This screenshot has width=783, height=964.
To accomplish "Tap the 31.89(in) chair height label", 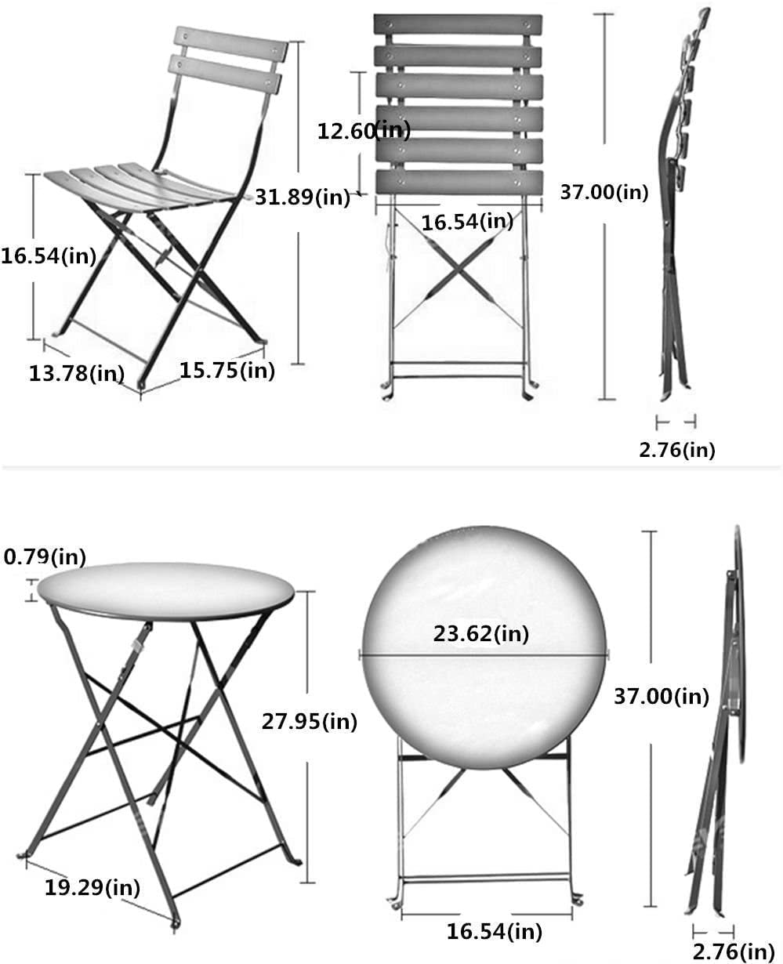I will point(303,197).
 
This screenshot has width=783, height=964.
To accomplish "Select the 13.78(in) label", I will point(77,373).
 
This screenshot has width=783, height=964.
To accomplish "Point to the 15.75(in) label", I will point(227,370).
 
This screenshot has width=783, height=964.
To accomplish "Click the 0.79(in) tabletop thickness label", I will point(45,557).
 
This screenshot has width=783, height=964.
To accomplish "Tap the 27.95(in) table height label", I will point(308,722).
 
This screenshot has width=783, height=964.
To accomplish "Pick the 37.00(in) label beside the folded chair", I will point(604,192).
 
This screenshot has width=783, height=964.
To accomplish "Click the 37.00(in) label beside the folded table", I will point(661,695).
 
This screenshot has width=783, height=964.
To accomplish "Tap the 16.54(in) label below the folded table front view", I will point(495,932).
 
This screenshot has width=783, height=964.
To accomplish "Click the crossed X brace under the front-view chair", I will point(458,270).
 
